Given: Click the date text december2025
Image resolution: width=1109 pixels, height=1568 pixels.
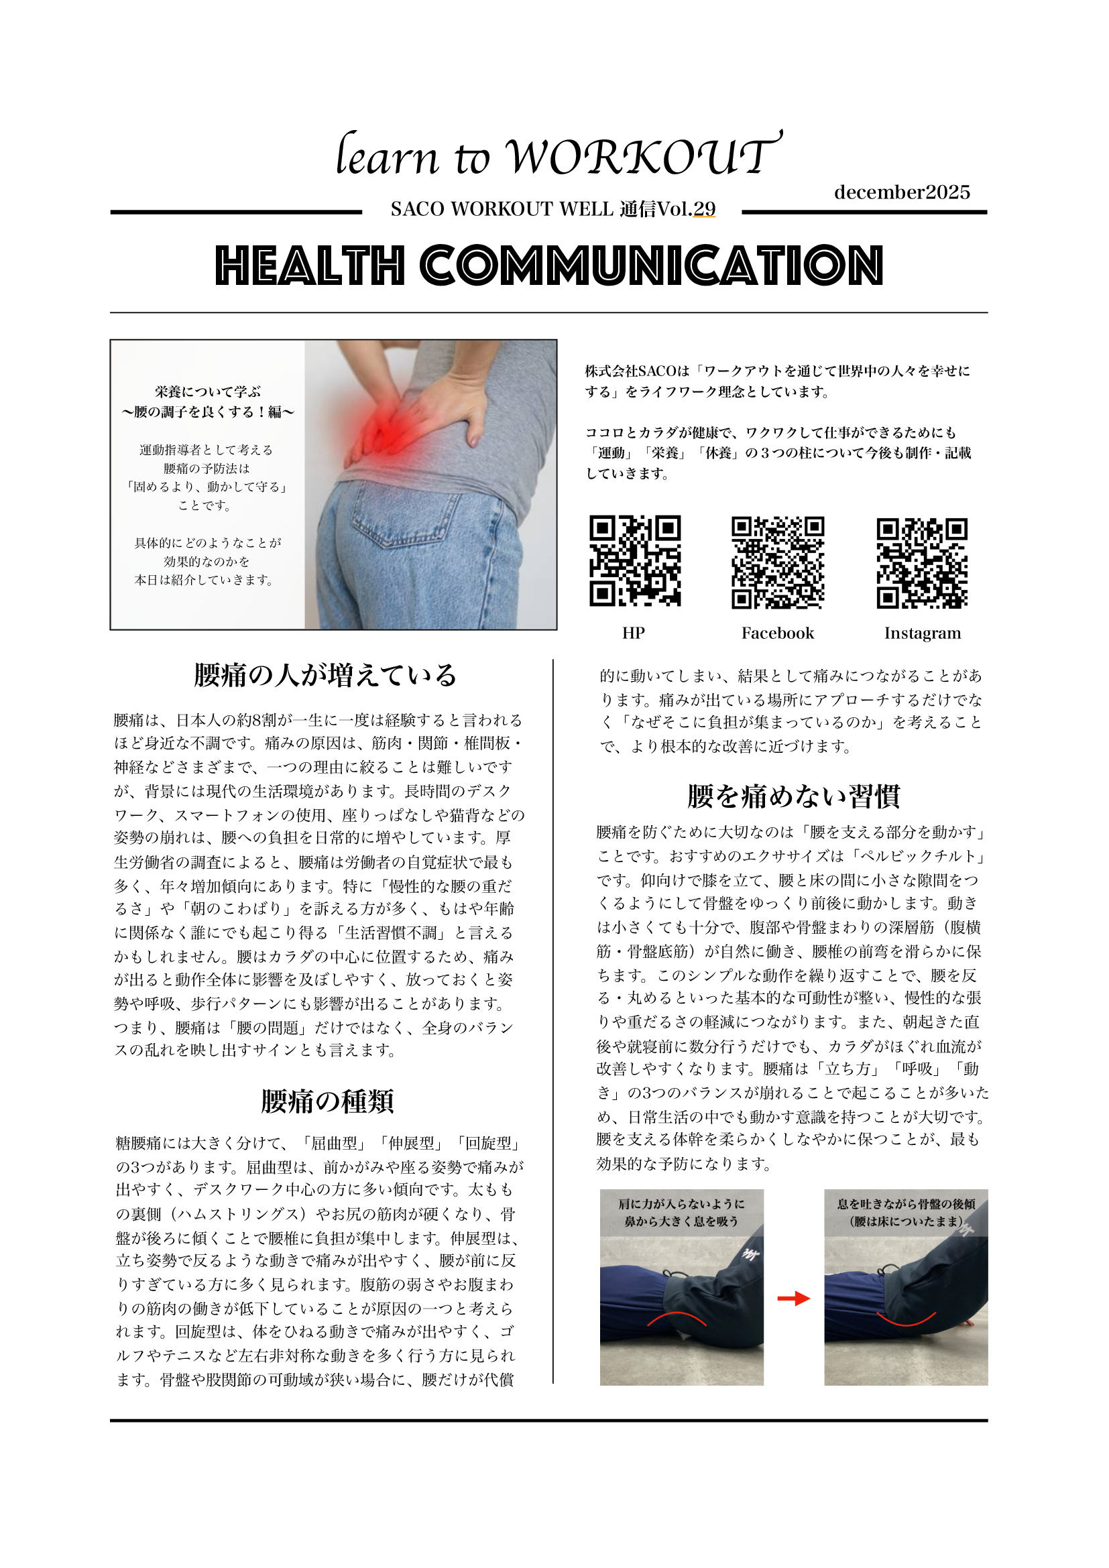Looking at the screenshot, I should (x=901, y=192).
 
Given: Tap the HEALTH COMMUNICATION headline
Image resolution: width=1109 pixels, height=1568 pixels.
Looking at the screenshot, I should (x=549, y=265).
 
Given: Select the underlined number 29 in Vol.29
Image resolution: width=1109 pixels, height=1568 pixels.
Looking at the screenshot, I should (x=704, y=209).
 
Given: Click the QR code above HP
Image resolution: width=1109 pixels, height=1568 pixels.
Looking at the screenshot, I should (x=634, y=560).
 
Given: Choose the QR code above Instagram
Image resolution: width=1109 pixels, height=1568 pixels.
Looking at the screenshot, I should (x=922, y=562).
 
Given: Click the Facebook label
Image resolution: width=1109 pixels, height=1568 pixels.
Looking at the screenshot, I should (x=777, y=633).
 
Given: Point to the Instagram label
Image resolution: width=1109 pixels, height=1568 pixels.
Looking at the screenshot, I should (x=922, y=633).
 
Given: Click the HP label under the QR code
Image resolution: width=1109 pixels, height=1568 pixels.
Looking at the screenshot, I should (x=633, y=633).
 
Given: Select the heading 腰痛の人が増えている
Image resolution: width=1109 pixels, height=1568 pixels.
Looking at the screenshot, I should (x=325, y=676).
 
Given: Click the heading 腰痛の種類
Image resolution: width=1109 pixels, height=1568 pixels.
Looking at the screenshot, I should (x=327, y=1101).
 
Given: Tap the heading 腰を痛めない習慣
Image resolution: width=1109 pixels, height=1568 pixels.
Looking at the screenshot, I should (x=793, y=796).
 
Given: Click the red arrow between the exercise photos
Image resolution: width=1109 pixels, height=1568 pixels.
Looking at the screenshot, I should (x=793, y=1299).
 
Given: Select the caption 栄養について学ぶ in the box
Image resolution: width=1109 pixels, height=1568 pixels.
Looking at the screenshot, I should (x=208, y=392).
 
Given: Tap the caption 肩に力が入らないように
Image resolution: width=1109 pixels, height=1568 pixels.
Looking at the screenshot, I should (x=681, y=1204).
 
